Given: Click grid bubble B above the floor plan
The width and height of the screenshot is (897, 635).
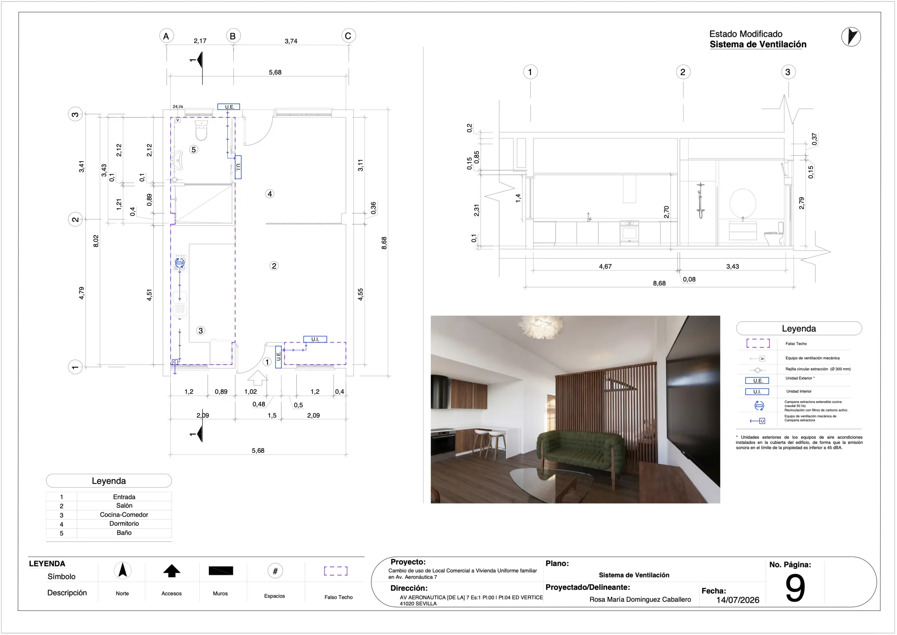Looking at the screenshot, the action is (x=233, y=36).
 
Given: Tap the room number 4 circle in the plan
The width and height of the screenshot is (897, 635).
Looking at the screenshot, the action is (x=270, y=194).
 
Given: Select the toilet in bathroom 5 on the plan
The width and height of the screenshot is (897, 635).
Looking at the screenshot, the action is (x=201, y=130).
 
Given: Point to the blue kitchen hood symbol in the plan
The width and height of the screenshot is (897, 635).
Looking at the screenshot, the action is (x=180, y=263).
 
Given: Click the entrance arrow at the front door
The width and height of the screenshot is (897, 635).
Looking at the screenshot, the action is (x=258, y=378).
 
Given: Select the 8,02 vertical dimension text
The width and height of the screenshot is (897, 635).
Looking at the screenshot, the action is (x=96, y=241).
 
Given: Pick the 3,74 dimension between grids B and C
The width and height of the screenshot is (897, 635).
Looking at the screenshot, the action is (x=291, y=41).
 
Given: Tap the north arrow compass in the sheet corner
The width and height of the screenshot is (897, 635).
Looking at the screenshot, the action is (x=851, y=37).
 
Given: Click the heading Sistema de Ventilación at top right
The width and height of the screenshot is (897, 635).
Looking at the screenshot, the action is (x=758, y=45).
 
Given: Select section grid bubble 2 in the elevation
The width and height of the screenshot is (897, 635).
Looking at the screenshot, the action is (x=683, y=72).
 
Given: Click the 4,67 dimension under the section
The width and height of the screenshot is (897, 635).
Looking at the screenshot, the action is (x=605, y=267).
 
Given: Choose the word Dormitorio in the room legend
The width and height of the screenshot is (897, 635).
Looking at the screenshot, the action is (x=124, y=524).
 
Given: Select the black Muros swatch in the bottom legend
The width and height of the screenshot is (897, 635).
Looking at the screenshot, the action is (x=221, y=571).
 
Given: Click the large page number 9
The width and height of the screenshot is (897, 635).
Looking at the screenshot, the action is (x=795, y=588).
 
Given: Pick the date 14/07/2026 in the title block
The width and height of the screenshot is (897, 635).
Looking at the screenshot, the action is (x=738, y=600).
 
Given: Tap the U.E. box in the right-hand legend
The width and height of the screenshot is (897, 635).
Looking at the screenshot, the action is (x=757, y=381).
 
